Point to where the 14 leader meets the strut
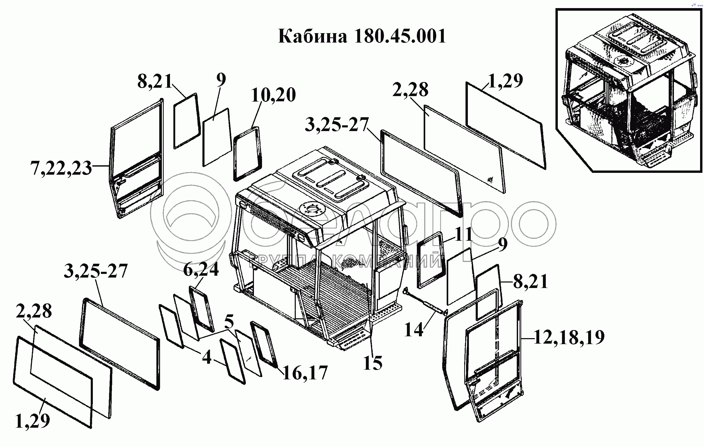(436, 311)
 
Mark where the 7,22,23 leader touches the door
(110, 166)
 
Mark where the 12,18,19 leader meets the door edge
(521, 339)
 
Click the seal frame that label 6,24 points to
(202, 309)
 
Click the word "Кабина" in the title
(313, 36)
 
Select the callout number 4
(207, 357)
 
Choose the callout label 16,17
(305, 373)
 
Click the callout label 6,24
(201, 269)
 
